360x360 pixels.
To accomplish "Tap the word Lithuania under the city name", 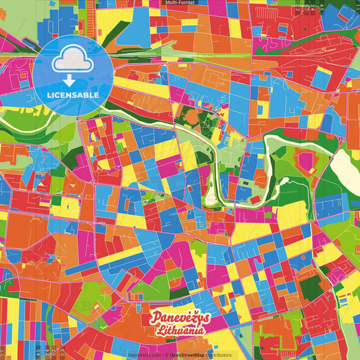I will coord(181,331).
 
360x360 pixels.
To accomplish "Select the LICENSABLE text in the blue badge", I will coord(73,95).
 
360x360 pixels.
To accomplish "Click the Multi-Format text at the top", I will coord(180,3).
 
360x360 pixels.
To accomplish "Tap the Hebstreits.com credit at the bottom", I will coord(144,355).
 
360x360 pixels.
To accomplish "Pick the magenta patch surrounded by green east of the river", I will coord(306,160).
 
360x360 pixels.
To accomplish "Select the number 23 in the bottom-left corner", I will coord(62,352).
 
